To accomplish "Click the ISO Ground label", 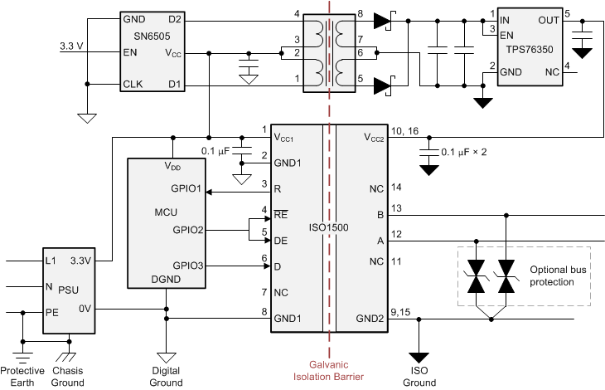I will click(419, 377).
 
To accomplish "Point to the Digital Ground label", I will click(167, 377).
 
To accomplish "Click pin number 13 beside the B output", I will click(396, 208).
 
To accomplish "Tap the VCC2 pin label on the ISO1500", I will click(373, 137).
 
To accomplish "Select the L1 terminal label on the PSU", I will click(52, 261).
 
